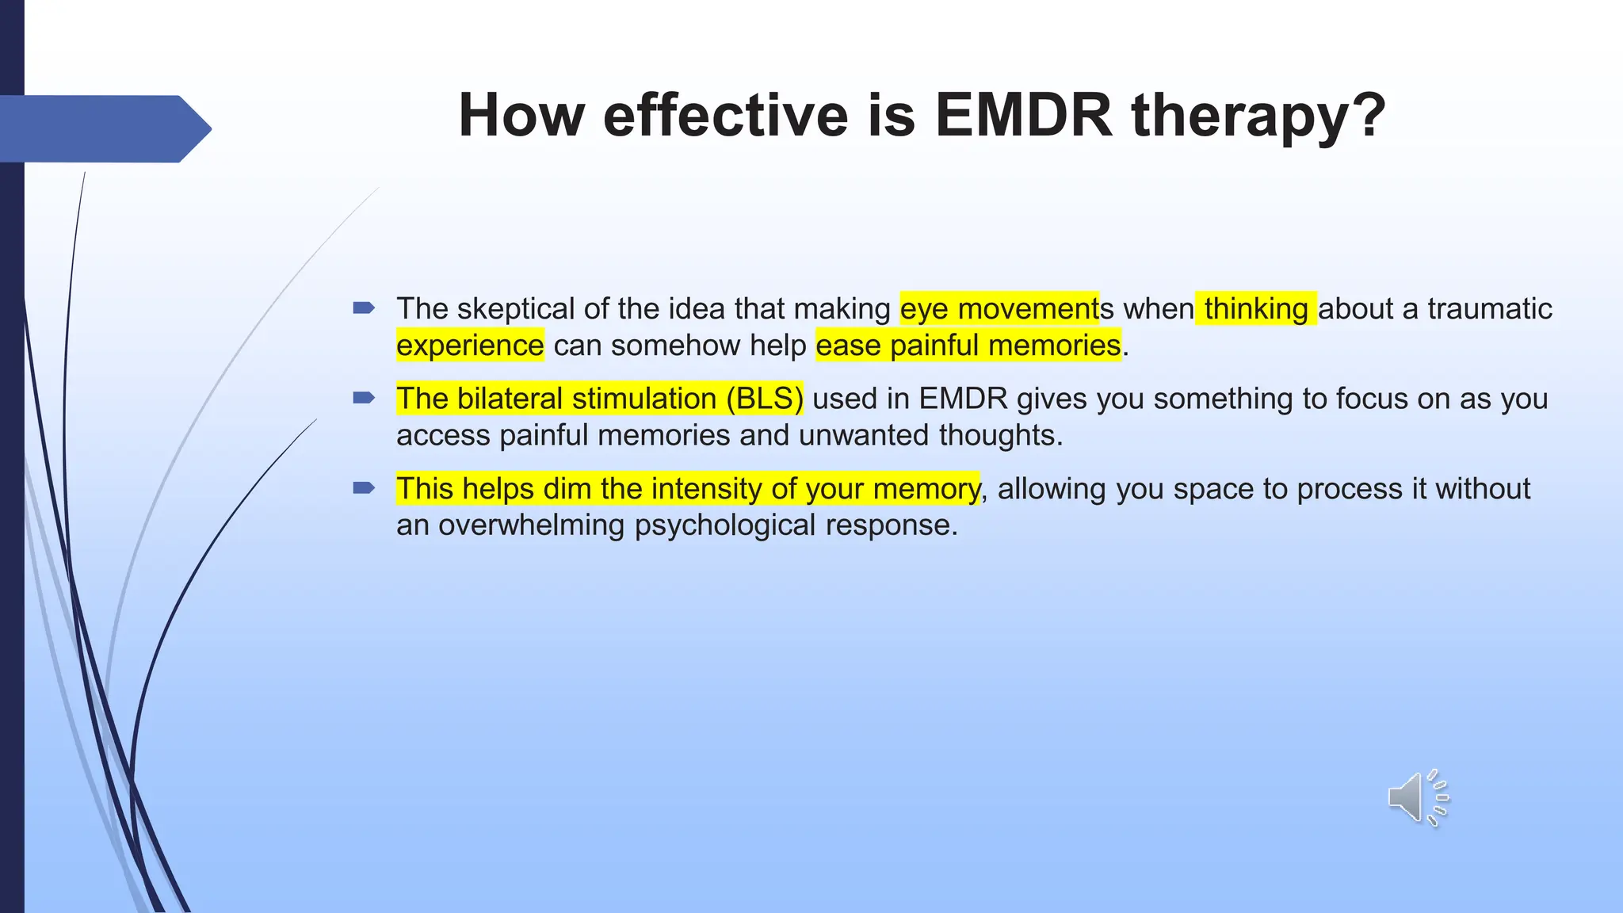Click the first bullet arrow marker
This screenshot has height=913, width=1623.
tap(364, 308)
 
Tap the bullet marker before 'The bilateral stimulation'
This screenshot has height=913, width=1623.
tap(364, 398)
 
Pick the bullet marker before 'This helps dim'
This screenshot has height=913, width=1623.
tap(364, 488)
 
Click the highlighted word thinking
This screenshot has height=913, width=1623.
tap(1256, 309)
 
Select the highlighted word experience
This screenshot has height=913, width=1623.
tap(470, 346)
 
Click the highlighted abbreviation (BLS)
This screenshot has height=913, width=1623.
tap(764, 399)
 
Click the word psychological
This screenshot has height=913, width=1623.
tap(725, 525)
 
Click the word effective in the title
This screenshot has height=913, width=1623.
tap(726, 116)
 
